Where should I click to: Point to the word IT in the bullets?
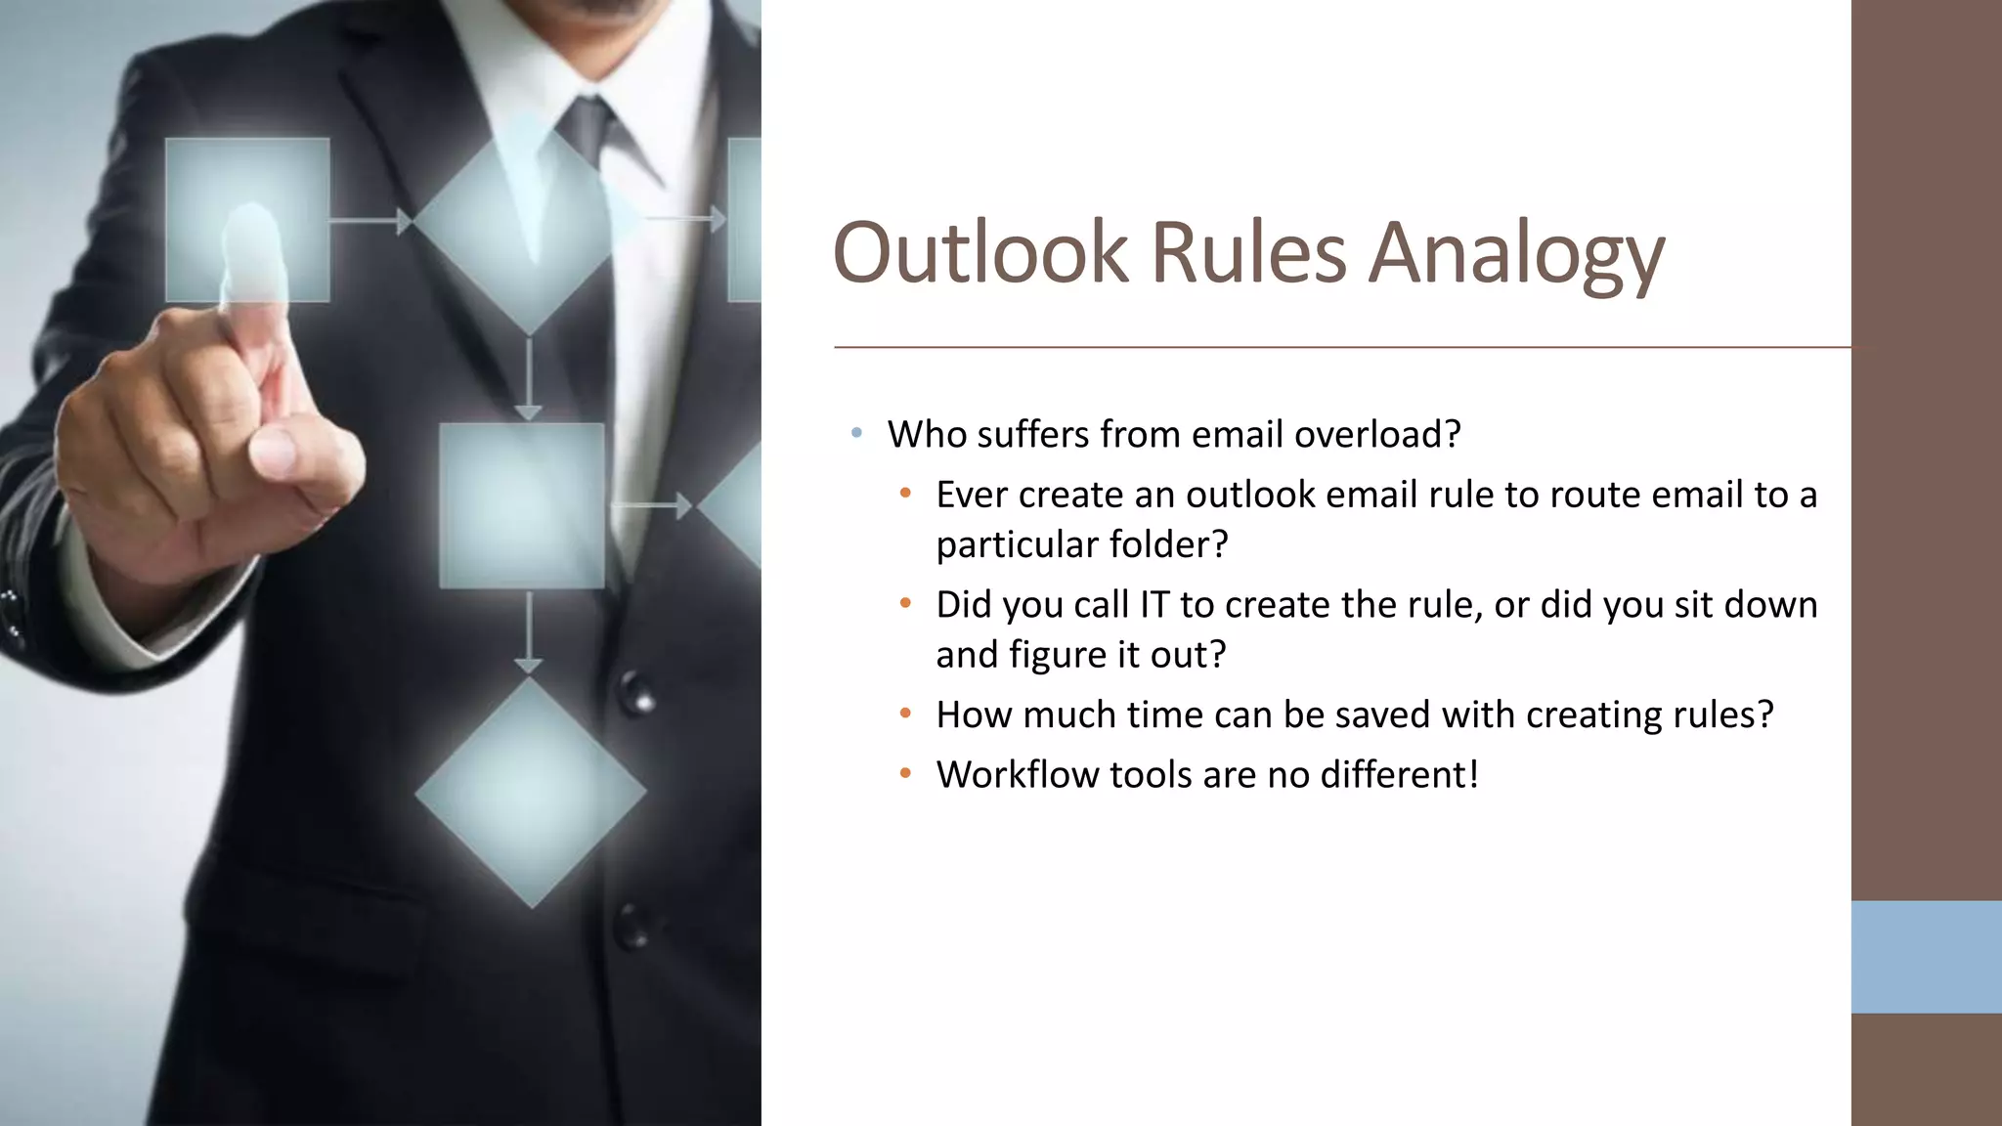1153,605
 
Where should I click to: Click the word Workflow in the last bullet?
1017,775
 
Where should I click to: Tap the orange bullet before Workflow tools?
905,774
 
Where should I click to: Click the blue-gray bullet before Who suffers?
856,432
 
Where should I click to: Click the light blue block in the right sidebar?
1926,956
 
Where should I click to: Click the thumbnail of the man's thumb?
274,452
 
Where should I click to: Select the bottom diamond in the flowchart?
530,793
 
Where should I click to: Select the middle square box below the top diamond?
521,505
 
